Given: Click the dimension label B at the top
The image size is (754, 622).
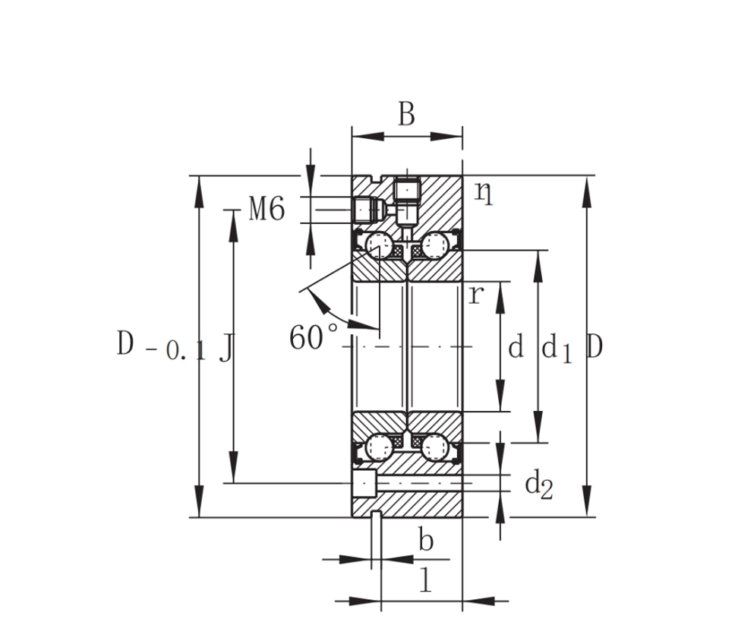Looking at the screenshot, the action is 406,114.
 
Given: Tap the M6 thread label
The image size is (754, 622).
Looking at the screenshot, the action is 267,210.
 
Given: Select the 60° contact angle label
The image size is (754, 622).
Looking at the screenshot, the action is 314,336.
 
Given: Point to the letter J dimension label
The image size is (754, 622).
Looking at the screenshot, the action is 226,348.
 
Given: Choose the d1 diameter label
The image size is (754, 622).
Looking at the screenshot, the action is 557,349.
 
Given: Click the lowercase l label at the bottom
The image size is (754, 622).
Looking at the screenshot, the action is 425,579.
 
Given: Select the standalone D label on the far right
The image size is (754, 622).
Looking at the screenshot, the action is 595,346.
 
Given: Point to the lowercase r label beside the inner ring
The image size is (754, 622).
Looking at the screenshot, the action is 475,295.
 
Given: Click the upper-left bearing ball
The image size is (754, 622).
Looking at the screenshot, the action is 380,245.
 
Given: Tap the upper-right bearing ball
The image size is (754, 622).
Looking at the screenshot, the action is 435,245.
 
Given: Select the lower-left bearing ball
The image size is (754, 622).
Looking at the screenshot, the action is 380,447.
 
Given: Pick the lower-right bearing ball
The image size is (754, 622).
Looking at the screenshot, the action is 435,447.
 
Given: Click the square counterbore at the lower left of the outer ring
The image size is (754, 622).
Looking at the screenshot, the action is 364,484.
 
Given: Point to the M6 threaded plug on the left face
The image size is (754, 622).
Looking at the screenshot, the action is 369,210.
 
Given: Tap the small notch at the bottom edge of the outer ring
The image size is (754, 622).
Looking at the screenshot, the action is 377,514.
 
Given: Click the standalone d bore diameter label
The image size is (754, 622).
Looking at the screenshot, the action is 516,346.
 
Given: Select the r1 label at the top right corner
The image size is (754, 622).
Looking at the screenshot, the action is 484,194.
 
